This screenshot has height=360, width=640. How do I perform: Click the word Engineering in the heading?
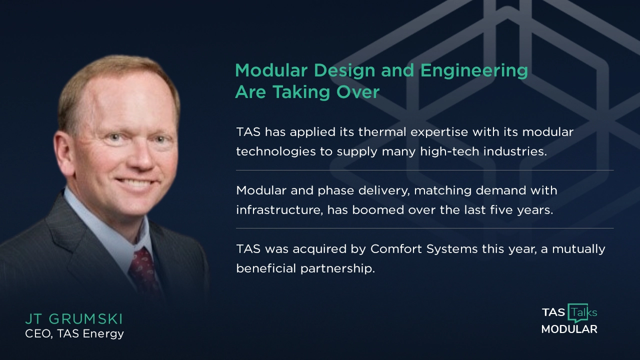(x=473, y=71)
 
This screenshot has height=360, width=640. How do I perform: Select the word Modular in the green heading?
(x=270, y=70)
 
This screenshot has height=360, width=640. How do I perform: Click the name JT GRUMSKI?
(x=74, y=319)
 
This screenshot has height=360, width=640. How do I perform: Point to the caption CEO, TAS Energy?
(x=74, y=333)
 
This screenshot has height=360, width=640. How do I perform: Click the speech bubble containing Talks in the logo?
(x=583, y=313)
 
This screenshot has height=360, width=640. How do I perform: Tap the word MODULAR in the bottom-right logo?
(x=569, y=329)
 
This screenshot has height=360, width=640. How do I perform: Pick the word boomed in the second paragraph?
(x=378, y=210)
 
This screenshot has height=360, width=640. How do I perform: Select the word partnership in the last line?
(x=337, y=268)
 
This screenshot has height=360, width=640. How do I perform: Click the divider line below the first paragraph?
(x=424, y=170)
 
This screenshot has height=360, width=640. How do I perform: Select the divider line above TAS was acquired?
(x=424, y=228)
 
